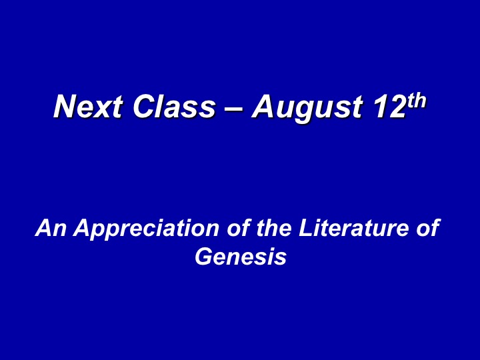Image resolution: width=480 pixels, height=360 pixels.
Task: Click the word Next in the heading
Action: (x=88, y=106)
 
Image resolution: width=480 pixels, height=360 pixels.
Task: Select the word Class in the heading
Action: (x=174, y=106)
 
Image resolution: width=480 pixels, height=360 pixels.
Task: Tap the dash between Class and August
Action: (x=235, y=108)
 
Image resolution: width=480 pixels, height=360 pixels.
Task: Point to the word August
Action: (x=307, y=109)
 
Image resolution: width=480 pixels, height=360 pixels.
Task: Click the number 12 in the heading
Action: (x=390, y=106)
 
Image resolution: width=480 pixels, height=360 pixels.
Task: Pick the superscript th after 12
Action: (x=417, y=101)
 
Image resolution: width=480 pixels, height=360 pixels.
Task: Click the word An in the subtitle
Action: (x=51, y=228)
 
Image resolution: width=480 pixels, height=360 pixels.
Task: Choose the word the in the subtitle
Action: (x=274, y=228)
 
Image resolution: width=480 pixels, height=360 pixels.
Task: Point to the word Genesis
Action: (x=241, y=256)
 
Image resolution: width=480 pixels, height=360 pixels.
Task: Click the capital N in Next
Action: (x=67, y=106)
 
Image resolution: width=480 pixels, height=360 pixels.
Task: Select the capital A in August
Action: (x=265, y=106)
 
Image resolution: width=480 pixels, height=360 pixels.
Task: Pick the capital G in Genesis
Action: (x=205, y=256)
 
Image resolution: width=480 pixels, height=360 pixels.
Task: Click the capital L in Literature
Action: (x=306, y=228)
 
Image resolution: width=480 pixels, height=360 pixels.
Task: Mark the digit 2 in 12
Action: (x=397, y=106)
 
